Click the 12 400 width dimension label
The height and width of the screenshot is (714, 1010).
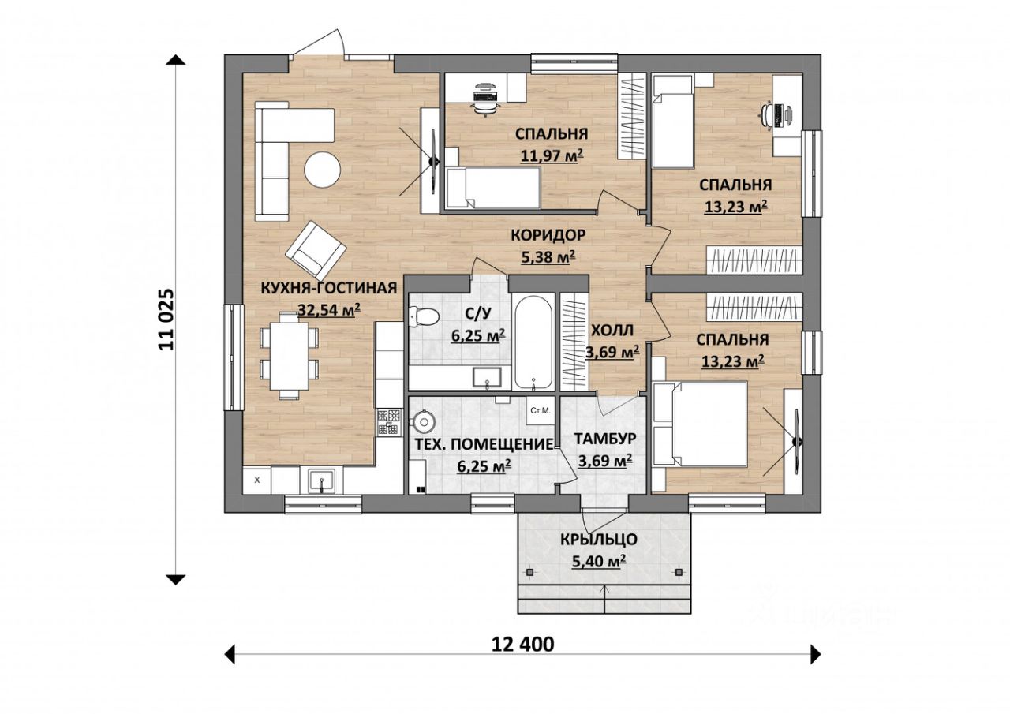522,645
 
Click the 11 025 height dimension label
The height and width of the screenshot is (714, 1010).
166,320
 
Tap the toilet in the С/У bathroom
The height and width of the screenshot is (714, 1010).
424,316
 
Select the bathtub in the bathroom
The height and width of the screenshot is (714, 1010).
533,342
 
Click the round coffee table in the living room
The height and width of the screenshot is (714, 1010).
322,170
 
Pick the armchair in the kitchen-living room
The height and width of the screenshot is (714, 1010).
316,251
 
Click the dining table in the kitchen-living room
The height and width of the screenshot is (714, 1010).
289,356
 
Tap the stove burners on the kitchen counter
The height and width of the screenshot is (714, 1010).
389,422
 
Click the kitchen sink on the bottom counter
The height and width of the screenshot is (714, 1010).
321,480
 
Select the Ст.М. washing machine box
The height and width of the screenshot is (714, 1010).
541,410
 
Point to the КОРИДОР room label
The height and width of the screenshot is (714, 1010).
548,235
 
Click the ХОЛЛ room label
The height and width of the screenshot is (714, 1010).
612,331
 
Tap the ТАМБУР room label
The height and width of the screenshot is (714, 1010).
605,438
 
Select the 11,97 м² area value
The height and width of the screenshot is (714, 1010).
552,155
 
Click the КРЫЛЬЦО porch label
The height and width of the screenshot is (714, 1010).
598,540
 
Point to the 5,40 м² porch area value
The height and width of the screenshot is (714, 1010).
598,561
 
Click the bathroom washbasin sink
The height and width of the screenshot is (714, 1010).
487,378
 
